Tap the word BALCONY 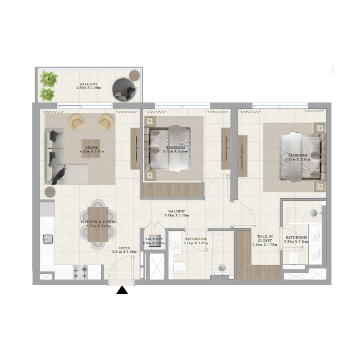pos(87,84)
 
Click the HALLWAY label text pos(177,211)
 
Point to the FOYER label pos(125,248)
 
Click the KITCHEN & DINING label pos(99,222)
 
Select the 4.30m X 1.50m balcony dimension pos(87,88)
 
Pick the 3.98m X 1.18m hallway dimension pos(177,216)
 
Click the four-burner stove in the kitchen pos(81,271)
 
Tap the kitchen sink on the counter pos(47,239)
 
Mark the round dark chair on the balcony pos(124,89)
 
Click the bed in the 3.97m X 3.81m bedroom pos(302,157)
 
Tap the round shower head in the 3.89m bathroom pos(314,211)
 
